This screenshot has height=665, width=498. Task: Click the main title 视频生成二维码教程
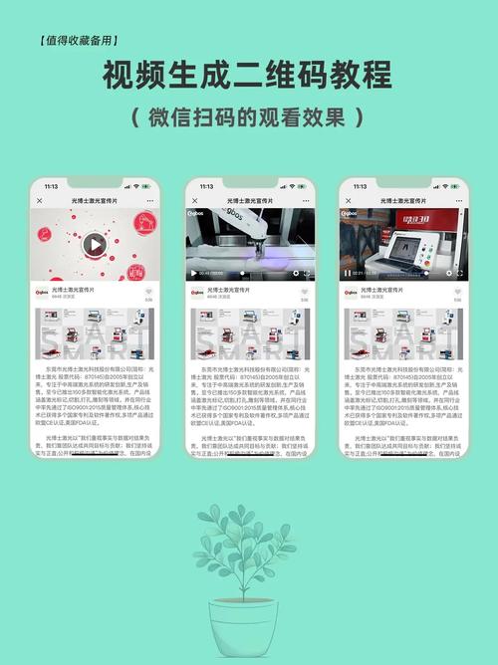(x=248, y=76)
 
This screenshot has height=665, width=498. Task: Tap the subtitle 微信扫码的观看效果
(x=248, y=115)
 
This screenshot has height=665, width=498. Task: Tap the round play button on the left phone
(x=94, y=243)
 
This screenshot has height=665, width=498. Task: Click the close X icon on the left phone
(x=41, y=200)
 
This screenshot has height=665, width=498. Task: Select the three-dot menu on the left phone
(x=150, y=200)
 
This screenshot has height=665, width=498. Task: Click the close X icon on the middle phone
(x=193, y=200)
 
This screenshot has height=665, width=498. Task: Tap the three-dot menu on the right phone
(x=457, y=200)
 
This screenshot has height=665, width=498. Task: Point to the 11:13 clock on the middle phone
(x=205, y=186)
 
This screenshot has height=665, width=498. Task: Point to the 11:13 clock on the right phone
(x=359, y=186)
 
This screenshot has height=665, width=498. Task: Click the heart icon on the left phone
(x=149, y=293)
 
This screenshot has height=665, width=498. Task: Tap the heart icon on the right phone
(x=456, y=293)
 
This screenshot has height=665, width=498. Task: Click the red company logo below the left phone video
(x=43, y=294)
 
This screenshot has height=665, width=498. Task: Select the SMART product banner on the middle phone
(x=248, y=333)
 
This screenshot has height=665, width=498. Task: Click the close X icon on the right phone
(x=347, y=200)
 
